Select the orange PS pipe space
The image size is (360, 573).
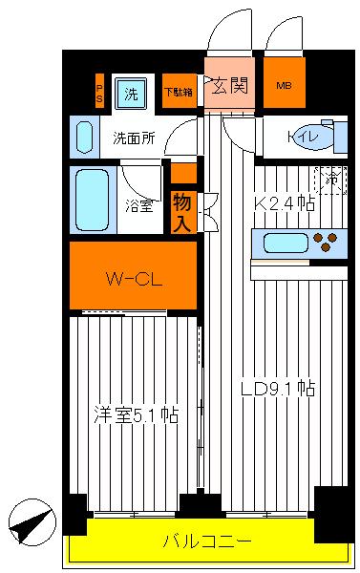click(99, 93)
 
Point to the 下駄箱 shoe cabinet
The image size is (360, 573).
click(178, 93)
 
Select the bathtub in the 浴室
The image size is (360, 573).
click(92, 198)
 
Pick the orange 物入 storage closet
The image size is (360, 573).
click(181, 210)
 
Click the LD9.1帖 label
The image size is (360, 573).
click(278, 389)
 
